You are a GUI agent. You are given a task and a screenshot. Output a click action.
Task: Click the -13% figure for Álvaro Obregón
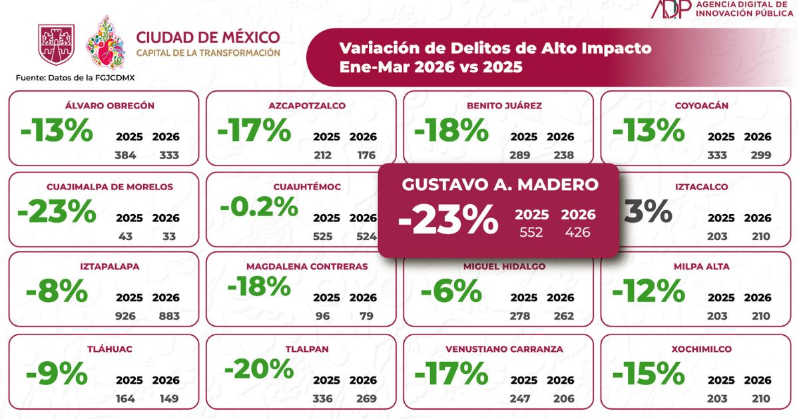pos(57,131)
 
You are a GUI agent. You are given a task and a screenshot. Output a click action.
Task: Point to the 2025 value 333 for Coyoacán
pos(717,156)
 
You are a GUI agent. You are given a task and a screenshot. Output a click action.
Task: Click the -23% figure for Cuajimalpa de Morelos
pos(57,211)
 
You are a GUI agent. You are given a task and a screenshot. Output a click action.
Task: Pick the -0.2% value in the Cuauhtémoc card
pos(258,208)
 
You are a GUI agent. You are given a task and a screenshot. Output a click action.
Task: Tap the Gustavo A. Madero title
pos(499,184)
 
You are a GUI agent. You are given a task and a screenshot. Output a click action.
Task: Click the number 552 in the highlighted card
pos(531,232)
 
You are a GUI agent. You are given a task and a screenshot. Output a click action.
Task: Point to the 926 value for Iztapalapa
pos(125,316)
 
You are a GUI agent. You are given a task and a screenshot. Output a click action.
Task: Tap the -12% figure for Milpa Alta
pos(649,291)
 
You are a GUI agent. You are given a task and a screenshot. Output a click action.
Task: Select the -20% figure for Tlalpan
pos(258,368)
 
